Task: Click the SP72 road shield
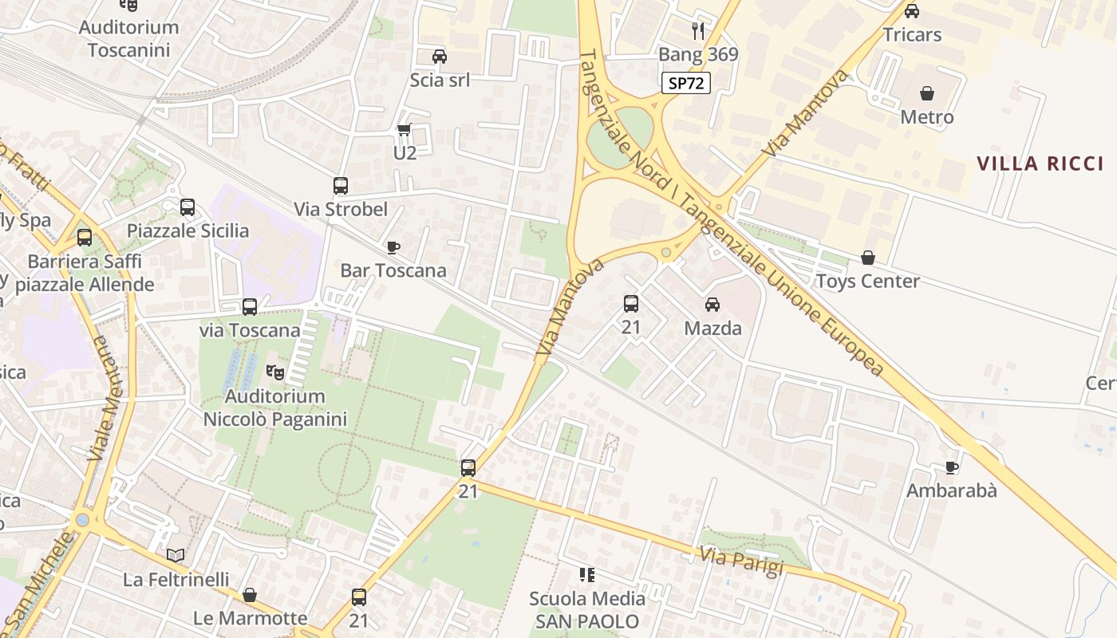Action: click(x=685, y=83)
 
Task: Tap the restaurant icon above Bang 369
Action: click(x=698, y=31)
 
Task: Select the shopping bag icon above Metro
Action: click(x=926, y=94)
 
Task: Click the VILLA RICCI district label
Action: click(x=1040, y=164)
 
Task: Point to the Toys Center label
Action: click(x=867, y=281)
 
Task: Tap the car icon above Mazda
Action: click(x=712, y=305)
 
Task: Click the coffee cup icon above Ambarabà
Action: click(x=951, y=467)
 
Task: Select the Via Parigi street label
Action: click(x=741, y=561)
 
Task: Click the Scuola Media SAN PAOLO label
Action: click(x=587, y=609)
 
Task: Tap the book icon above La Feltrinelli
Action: click(x=176, y=556)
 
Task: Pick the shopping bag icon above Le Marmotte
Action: click(x=250, y=595)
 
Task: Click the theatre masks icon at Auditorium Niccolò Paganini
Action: click(x=275, y=372)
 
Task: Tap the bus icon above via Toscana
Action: click(x=250, y=307)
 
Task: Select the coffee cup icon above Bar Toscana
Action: click(x=393, y=247)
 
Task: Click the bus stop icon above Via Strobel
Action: click(x=341, y=186)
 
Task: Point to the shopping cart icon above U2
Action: click(x=405, y=129)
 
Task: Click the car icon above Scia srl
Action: click(x=439, y=57)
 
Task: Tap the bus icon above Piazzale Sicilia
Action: click(x=187, y=207)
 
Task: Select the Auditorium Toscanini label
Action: click(x=128, y=38)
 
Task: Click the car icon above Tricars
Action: click(x=912, y=11)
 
